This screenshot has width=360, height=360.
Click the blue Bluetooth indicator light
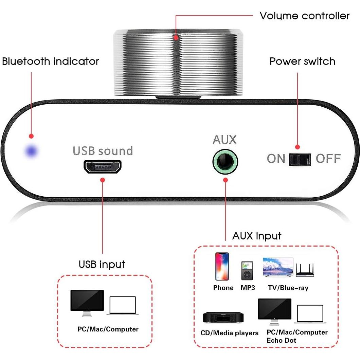(33, 151)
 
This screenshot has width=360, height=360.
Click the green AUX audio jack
(225, 161)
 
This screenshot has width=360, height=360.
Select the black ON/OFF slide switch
(300, 159)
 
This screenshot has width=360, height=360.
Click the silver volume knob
(178, 63)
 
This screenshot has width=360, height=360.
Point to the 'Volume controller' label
(304, 16)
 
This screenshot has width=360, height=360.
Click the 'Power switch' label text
(302, 61)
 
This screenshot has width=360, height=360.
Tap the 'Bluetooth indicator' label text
(51, 61)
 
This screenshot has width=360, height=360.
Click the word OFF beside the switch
(328, 159)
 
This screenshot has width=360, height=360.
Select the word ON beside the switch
(276, 159)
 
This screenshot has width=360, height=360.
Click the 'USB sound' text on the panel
(103, 151)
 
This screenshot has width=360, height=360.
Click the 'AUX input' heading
(257, 236)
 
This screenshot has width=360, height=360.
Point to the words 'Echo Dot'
(281, 340)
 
